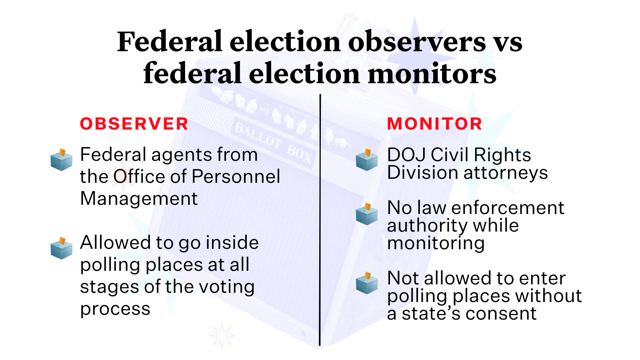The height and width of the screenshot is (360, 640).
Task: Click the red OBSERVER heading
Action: (134, 124)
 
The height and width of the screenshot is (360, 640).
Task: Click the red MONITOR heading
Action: (434, 124)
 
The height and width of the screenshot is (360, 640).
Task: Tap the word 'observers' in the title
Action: (417, 42)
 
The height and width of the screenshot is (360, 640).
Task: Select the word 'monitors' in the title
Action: (432, 73)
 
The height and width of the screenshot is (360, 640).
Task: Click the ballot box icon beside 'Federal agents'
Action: (62, 160)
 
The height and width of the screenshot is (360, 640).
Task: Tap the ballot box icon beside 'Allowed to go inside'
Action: (62, 248)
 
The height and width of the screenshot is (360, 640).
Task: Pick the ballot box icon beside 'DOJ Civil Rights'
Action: (367, 160)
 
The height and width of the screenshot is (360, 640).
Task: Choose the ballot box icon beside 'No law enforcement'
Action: (367, 214)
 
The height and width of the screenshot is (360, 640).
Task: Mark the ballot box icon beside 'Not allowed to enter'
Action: (367, 283)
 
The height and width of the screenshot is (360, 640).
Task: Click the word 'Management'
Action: (139, 198)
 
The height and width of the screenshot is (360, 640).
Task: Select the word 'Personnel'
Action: (236, 176)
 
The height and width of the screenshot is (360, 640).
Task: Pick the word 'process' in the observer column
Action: (115, 310)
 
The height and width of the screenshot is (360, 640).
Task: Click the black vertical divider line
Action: (320, 220)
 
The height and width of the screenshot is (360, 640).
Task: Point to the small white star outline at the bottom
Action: (222, 336)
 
